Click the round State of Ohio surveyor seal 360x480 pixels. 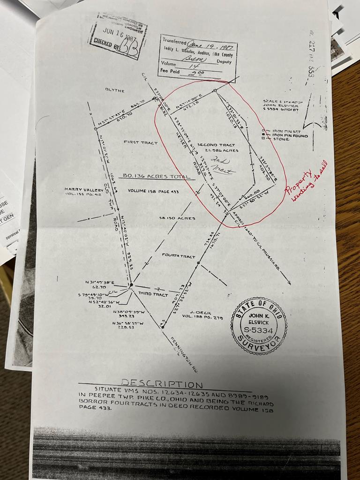(x=259, y=325)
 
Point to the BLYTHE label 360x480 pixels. (x=115, y=90)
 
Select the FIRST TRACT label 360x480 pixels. (x=140, y=142)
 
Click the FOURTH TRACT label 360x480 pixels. (x=178, y=256)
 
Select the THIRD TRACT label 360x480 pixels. (x=153, y=294)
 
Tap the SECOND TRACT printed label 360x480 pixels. (x=216, y=145)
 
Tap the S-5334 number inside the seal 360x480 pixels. (x=259, y=330)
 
